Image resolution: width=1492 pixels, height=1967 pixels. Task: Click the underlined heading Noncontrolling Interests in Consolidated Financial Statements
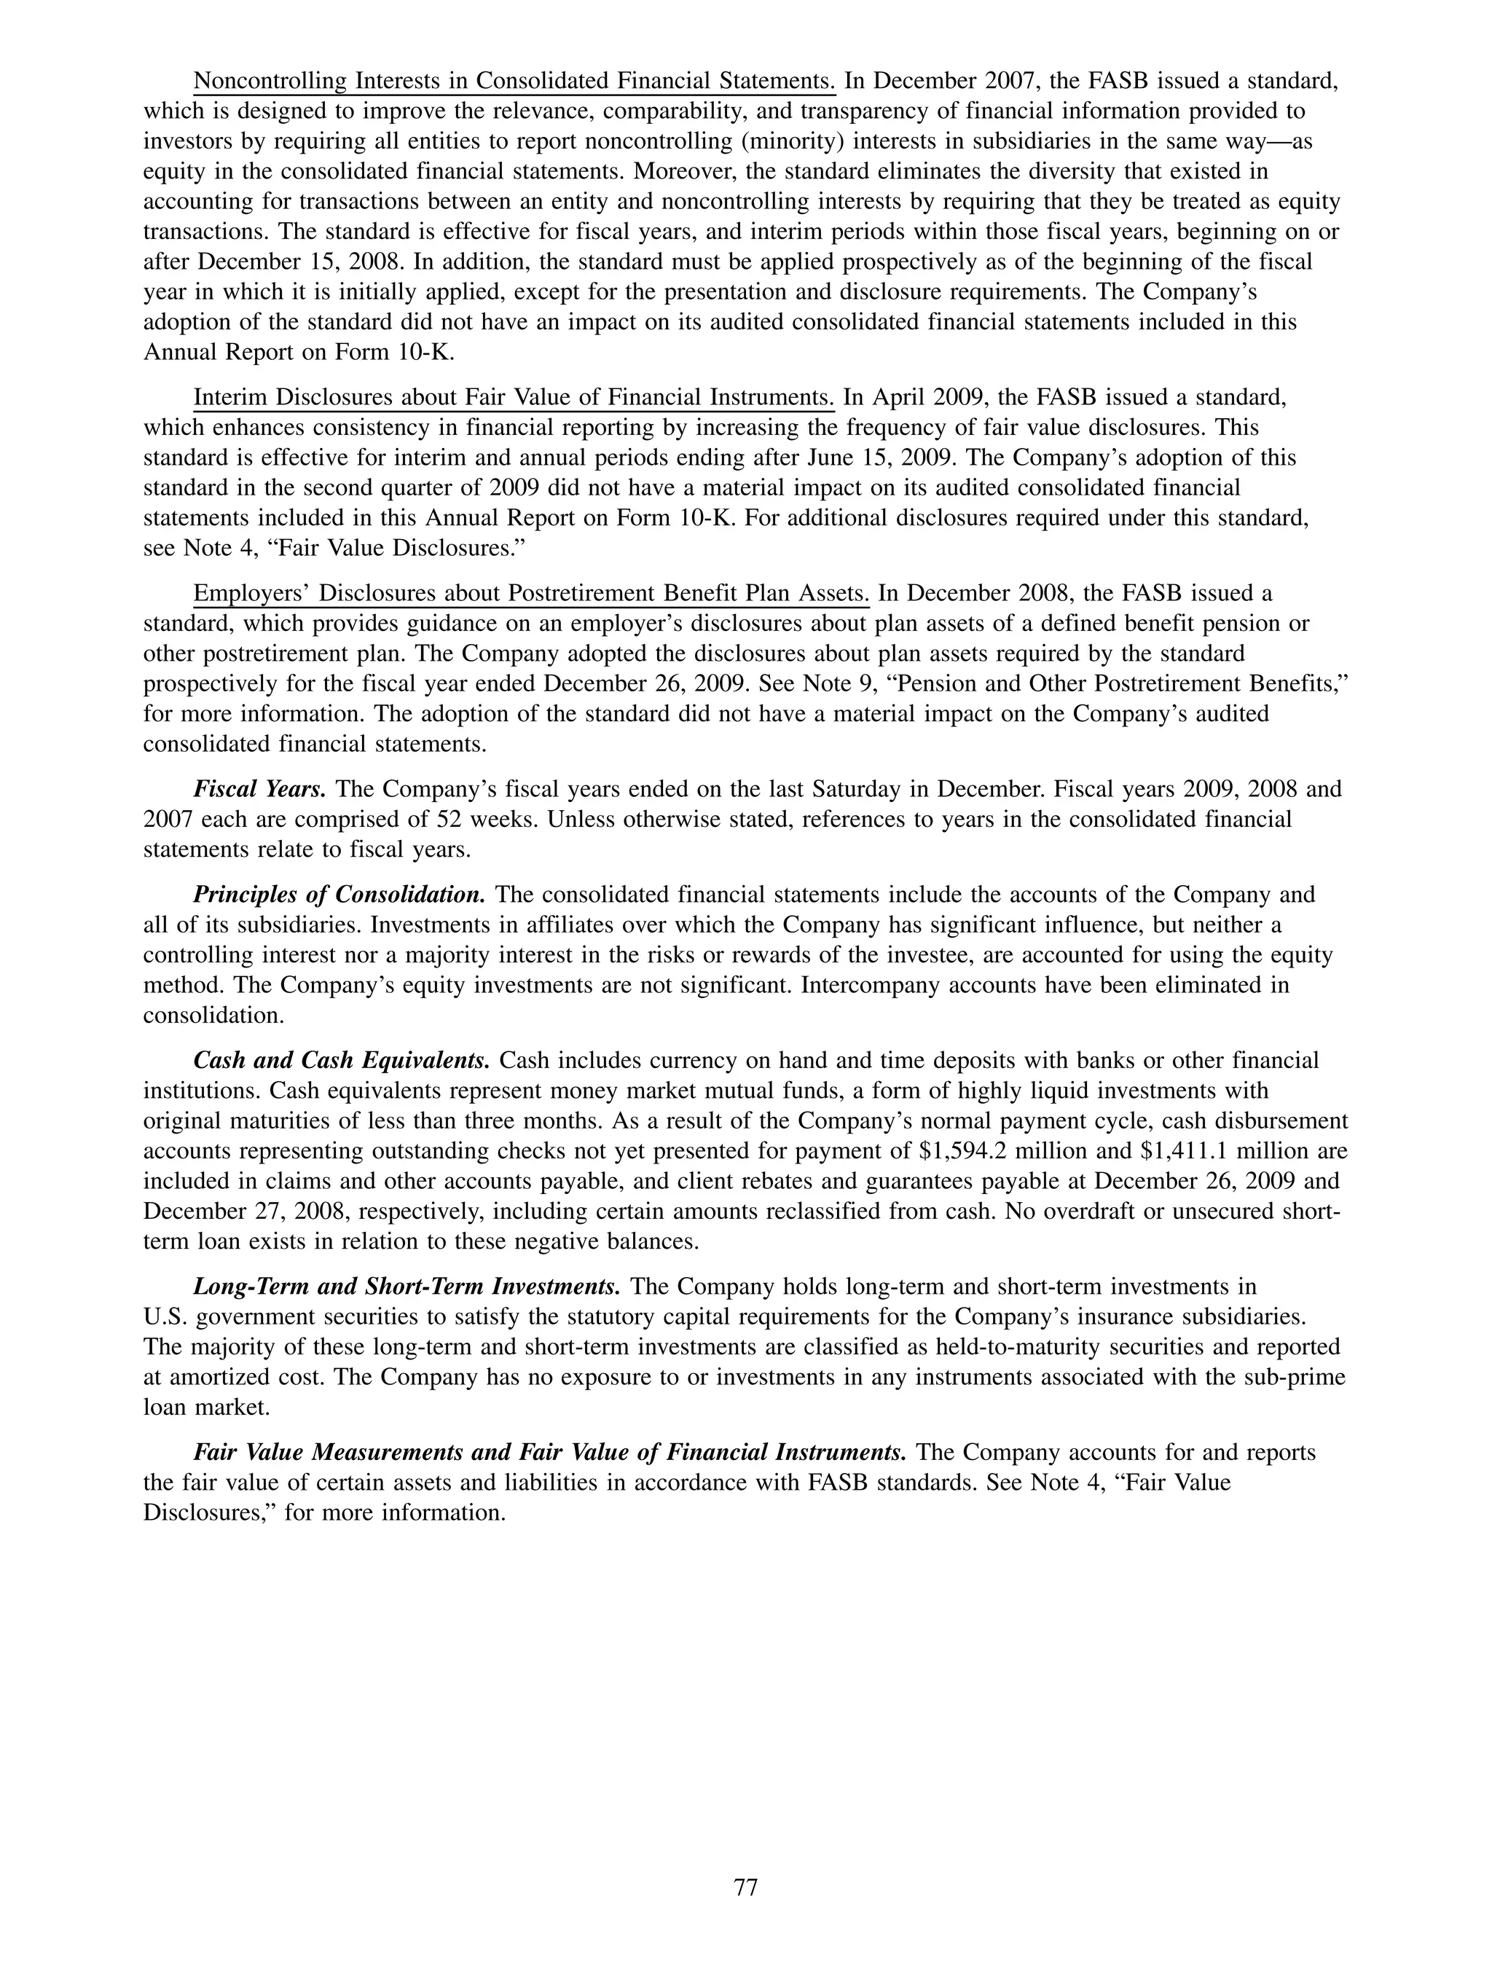[x=514, y=81]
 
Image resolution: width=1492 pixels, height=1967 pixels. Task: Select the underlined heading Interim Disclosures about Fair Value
[x=513, y=396]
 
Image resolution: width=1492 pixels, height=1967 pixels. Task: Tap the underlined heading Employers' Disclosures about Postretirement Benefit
[x=531, y=593]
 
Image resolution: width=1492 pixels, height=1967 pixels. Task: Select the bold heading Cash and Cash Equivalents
[x=342, y=1060]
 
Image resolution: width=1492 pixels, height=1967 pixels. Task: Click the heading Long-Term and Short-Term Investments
[x=407, y=1286]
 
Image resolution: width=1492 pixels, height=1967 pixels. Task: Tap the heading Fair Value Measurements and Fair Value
[x=549, y=1452]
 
